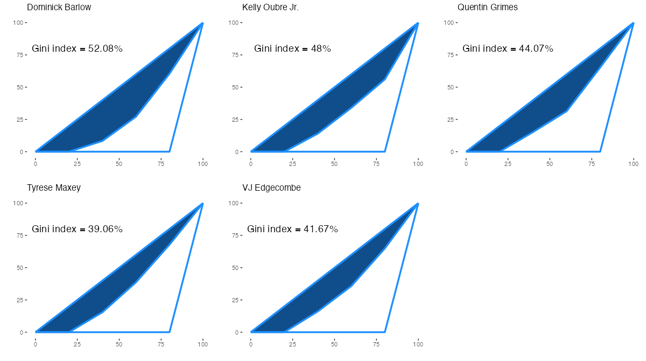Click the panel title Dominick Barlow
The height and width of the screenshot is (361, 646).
coord(59,8)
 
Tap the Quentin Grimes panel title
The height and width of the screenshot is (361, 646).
coord(488,8)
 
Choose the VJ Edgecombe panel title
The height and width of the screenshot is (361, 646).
coord(271,188)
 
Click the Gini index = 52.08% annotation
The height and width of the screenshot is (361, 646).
coord(78,48)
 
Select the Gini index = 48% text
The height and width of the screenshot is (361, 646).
coord(292,48)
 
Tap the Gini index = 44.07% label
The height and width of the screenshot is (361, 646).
coord(508,48)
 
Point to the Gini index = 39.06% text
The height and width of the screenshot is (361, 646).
coord(78,229)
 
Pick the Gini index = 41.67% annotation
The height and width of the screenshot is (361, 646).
coord(292,229)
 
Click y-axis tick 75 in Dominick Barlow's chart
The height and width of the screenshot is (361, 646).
coord(20,55)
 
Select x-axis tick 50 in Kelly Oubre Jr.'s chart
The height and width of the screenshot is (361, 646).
coord(334,163)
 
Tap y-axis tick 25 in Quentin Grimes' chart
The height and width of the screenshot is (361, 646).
coord(451,120)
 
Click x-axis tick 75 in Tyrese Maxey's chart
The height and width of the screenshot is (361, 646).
coord(161,344)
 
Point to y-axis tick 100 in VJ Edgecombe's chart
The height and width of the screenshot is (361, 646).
coord(234,203)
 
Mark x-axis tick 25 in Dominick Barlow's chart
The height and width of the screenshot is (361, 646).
coord(78,163)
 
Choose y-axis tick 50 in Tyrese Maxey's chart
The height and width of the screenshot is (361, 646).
coord(20,268)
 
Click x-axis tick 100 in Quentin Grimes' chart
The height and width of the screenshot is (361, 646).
coord(633,163)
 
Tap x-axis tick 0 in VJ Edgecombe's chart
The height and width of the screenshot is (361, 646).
coord(251,344)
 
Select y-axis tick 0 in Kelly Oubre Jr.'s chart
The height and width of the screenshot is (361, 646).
coord(237,152)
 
